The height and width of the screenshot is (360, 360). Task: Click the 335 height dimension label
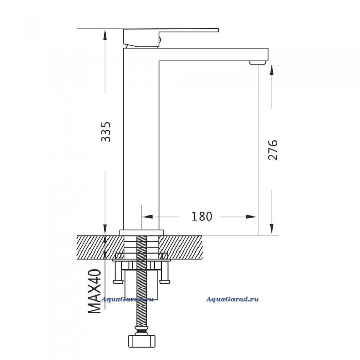106,132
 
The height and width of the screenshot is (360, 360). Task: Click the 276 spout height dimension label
273,150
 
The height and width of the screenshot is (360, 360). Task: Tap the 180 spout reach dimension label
202,217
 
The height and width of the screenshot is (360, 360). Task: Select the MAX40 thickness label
95,292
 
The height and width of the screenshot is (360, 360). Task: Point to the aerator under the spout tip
258,63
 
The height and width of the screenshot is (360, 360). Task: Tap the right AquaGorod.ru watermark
232,299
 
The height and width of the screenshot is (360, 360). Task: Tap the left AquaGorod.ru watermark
127,299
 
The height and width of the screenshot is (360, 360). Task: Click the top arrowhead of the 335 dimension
105,35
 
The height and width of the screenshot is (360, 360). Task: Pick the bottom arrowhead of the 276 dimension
272,229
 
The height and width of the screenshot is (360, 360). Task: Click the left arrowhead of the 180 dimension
148,217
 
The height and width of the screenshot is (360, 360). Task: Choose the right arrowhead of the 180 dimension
251,217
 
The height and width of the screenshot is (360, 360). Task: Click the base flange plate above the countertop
141,232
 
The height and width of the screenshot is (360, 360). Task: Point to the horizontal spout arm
214,55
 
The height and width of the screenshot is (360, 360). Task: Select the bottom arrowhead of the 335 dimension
105,229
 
